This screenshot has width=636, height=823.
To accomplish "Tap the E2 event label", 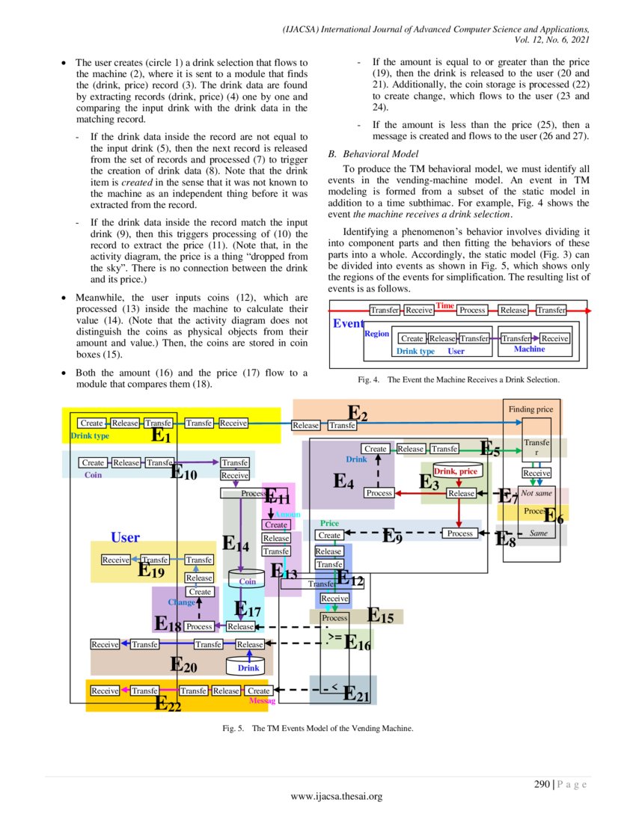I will pyautogui.click(x=358, y=413).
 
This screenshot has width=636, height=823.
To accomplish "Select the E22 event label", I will pyautogui.click(x=168, y=703).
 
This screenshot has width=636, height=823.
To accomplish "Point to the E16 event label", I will pyautogui.click(x=358, y=642).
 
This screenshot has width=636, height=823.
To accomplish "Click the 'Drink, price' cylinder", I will pyautogui.click(x=455, y=471).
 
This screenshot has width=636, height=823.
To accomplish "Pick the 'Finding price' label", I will pyautogui.click(x=530, y=409).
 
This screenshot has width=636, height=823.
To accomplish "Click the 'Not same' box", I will pyautogui.click(x=536, y=495).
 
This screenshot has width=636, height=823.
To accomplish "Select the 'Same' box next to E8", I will pyautogui.click(x=537, y=533).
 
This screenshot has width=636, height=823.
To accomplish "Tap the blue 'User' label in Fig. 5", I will pyautogui.click(x=125, y=537).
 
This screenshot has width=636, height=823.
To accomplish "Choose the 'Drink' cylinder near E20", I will pyautogui.click(x=248, y=666).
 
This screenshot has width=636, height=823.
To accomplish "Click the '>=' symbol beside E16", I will pyautogui.click(x=334, y=637).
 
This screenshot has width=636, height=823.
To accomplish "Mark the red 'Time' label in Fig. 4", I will pyautogui.click(x=445, y=305).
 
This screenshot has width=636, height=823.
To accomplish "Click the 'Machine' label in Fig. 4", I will pyautogui.click(x=529, y=349).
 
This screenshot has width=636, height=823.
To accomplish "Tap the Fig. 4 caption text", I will pyautogui.click(x=458, y=380).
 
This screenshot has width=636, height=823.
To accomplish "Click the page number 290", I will pyautogui.click(x=542, y=784).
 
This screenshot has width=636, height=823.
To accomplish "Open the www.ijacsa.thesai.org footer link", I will pyautogui.click(x=336, y=797).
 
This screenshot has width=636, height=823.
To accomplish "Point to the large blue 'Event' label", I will pyautogui.click(x=348, y=323).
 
